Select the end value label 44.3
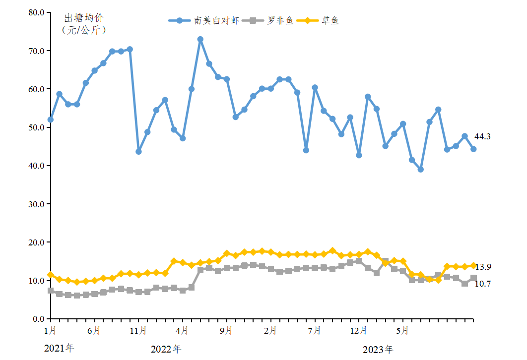click(482, 136)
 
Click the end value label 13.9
click(483, 267)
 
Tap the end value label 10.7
click(483, 284)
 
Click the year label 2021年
click(59, 349)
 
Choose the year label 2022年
click(166, 349)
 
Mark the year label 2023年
click(378, 350)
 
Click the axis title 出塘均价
click(84, 18)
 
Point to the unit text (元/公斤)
click(84, 30)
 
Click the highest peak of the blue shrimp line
click(200, 39)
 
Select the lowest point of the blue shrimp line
click(421, 170)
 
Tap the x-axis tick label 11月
click(139, 330)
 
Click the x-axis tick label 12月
click(359, 330)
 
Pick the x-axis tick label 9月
click(227, 330)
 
